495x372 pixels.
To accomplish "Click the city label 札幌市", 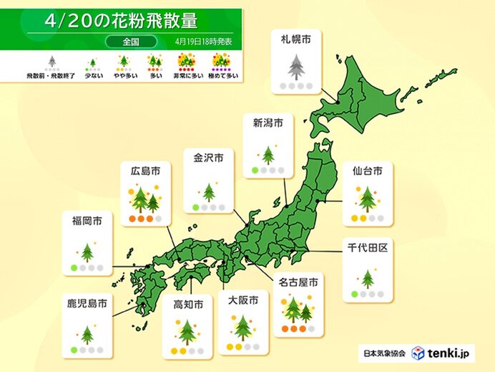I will click(x=295, y=42).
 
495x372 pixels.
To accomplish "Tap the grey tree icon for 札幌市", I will click(x=295, y=67).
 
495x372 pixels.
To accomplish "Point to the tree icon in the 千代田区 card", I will click(x=368, y=278).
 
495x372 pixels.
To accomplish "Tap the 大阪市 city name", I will click(x=243, y=297).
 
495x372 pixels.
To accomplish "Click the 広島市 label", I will click(x=145, y=171).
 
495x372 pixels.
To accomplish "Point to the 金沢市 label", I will click(x=208, y=157).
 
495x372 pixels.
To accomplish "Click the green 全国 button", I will click(x=123, y=42).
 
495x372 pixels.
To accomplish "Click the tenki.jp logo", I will click(x=441, y=353).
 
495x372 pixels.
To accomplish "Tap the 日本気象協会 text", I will click(x=383, y=353).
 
